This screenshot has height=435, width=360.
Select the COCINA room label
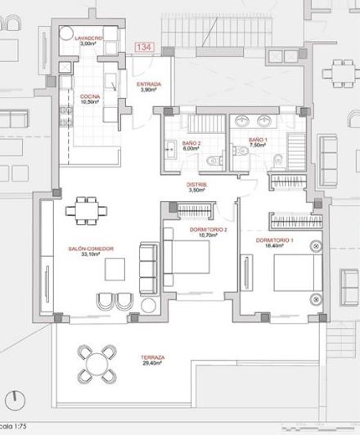click(90, 96)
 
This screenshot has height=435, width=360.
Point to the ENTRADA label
click(148, 84)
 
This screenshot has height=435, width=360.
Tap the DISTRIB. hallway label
click(197, 186)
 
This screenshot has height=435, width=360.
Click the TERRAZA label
click(152, 357)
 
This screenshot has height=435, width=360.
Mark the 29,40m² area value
click(152, 364)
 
